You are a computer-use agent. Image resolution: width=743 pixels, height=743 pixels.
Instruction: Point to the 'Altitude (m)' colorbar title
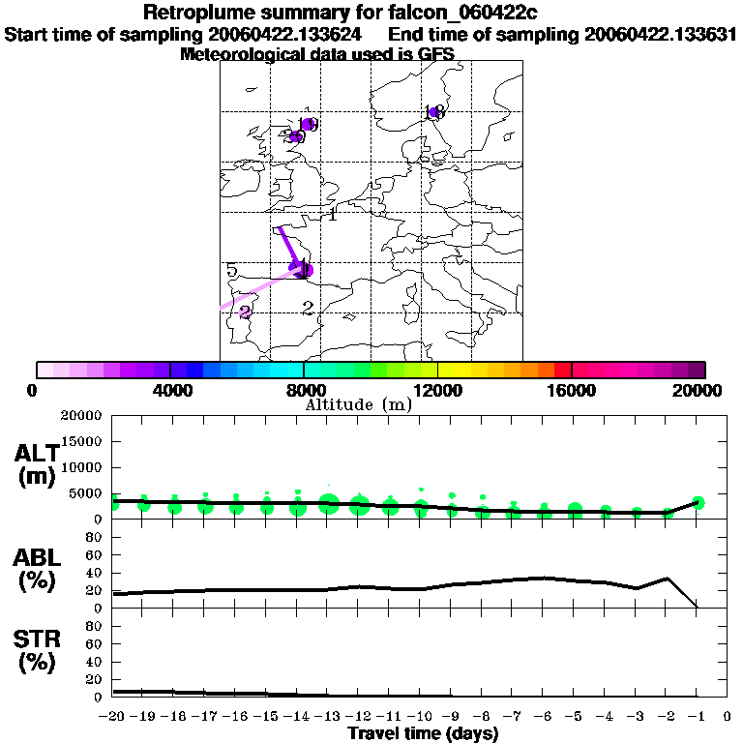point(358,403)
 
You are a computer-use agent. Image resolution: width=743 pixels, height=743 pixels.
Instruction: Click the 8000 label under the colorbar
point(305,390)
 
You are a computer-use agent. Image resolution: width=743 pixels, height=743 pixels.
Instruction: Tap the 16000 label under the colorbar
point(572,390)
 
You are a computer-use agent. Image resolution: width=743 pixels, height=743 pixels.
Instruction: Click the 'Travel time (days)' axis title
point(423,733)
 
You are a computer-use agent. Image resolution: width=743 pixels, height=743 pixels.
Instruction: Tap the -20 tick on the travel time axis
point(113,717)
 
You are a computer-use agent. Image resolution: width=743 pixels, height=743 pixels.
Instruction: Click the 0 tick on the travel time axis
point(728,717)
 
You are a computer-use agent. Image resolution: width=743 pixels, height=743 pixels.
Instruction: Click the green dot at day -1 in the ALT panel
point(698,502)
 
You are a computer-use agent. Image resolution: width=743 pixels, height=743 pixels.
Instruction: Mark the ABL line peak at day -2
point(667,579)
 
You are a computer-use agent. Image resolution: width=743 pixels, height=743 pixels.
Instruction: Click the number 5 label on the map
point(232,270)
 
